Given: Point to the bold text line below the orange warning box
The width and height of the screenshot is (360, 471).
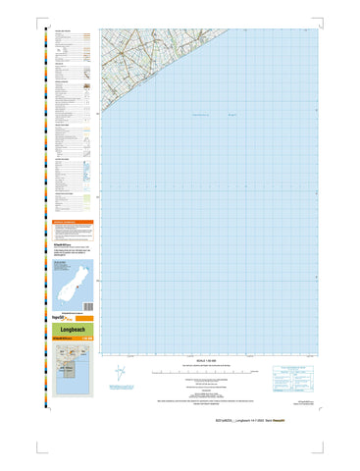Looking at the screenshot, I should [71, 240].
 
